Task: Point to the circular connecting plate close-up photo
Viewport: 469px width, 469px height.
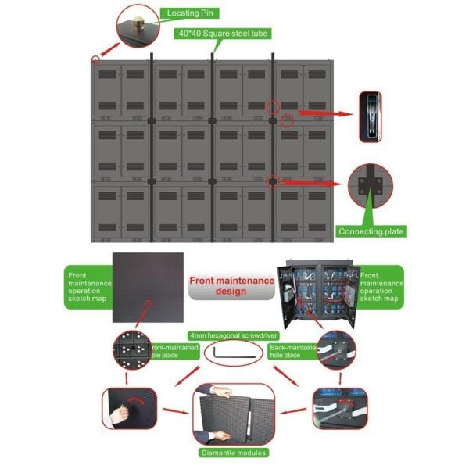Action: [371, 186]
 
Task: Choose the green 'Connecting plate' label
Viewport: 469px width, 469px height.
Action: [371, 231]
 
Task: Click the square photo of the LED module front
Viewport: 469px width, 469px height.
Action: [148, 288]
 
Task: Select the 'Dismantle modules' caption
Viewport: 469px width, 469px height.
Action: [234, 453]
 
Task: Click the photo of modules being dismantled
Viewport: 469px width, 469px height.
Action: [234, 415]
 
